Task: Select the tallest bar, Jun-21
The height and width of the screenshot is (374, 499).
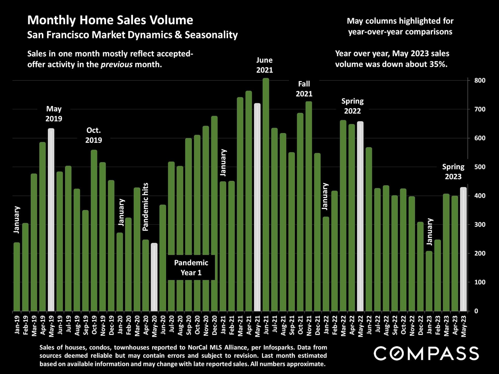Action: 266,195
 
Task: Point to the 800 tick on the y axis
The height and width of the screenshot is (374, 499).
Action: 480,81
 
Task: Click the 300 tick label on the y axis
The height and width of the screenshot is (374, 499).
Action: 480,225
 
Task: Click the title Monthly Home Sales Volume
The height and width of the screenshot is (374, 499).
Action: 110,20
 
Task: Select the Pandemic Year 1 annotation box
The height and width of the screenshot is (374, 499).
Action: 191,268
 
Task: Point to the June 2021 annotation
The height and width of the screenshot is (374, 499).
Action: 265,65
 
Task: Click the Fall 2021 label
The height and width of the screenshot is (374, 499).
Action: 304,89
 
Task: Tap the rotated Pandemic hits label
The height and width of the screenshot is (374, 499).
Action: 146,207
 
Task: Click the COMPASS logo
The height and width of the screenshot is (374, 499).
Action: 426,353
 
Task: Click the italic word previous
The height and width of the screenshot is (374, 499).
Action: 116,64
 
